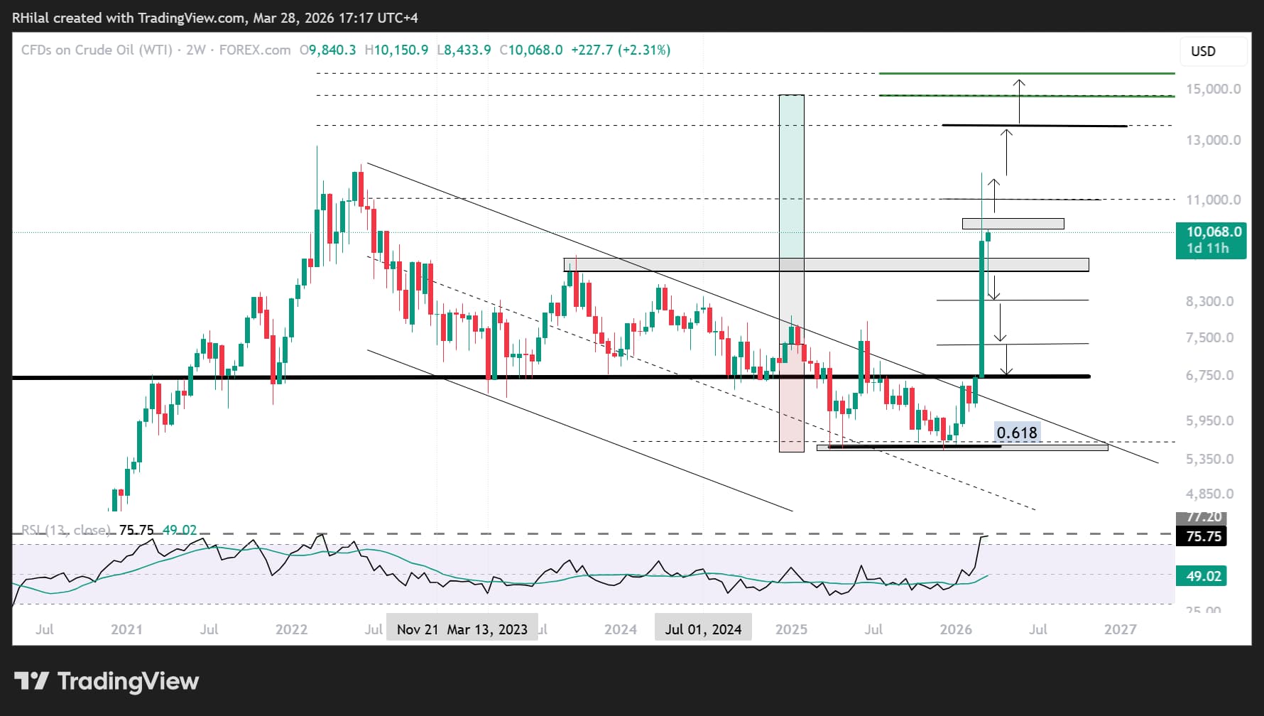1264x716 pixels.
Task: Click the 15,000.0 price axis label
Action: click(x=1213, y=89)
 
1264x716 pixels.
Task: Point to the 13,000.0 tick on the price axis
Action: click(x=1213, y=140)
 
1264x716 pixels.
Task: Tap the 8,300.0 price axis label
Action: click(x=1209, y=301)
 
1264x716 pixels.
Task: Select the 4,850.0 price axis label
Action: click(x=1209, y=494)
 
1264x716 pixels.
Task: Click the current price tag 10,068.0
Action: click(x=1214, y=232)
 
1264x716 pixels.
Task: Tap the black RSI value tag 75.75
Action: click(x=1204, y=536)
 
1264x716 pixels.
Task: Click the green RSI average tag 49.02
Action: click(x=1203, y=576)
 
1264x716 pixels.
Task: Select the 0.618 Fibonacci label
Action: click(x=1016, y=433)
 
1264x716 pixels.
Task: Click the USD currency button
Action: click(x=1203, y=51)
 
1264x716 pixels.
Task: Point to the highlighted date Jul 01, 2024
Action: click(x=703, y=629)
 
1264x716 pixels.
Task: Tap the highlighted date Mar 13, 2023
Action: click(x=487, y=629)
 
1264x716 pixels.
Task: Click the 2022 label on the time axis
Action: click(x=291, y=629)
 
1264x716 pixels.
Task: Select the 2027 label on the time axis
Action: click(x=1120, y=629)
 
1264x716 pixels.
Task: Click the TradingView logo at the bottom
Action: click(x=107, y=681)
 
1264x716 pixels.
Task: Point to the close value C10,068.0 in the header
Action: click(x=531, y=50)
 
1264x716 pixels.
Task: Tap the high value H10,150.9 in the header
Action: click(x=396, y=50)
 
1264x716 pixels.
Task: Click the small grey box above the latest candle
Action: click(x=1013, y=224)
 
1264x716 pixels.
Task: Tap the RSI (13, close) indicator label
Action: click(x=65, y=530)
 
